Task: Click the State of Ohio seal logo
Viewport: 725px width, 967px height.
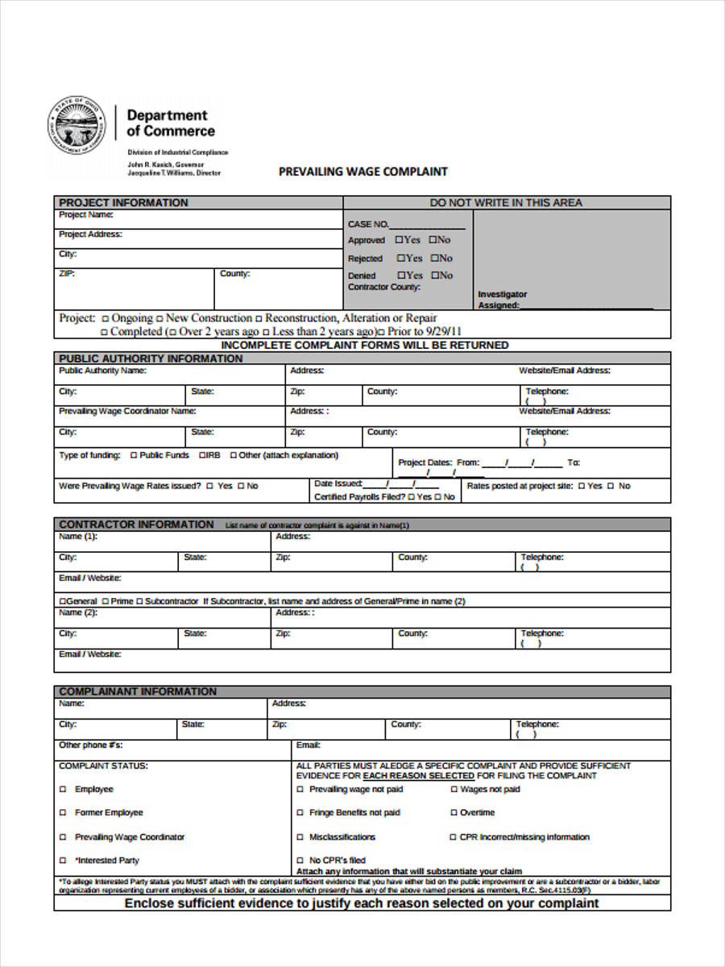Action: [77, 126]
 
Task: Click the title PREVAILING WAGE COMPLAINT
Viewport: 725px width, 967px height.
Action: [362, 172]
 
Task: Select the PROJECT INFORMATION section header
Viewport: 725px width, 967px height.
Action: [123, 202]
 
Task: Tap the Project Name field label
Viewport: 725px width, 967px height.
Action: [86, 216]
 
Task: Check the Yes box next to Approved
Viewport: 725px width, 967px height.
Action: [399, 240]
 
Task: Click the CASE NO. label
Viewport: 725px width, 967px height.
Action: [368, 224]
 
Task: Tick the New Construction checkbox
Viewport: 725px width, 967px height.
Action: [159, 318]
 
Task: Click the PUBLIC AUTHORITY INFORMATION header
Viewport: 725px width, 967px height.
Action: [151, 359]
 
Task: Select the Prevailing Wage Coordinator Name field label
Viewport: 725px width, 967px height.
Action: [127, 411]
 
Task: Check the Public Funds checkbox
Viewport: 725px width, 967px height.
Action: [134, 455]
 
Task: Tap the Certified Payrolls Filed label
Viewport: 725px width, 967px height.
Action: [358, 497]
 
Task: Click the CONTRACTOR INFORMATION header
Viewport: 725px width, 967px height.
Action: [136, 525]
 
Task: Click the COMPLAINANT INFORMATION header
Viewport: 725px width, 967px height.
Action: [138, 691]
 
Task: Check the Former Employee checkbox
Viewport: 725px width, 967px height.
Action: [63, 813]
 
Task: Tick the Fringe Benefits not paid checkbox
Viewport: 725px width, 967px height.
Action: [300, 813]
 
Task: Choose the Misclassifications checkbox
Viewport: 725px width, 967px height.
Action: [300, 837]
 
